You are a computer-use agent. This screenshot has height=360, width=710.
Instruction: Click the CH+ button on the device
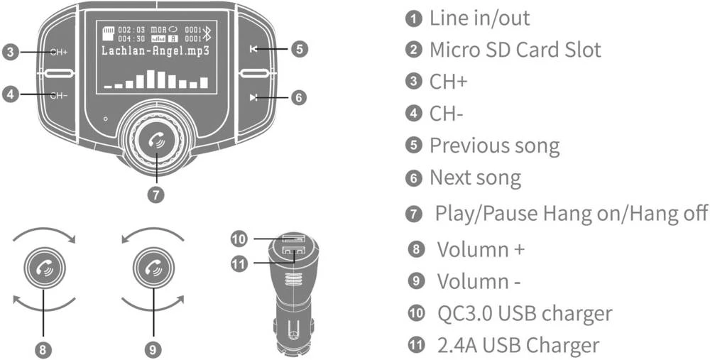coord(58,52)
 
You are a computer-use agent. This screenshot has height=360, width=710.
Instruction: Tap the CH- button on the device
coord(58,95)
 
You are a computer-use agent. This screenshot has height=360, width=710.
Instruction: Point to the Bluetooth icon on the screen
coord(207,33)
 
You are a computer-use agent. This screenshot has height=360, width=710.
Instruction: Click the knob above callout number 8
coord(43,268)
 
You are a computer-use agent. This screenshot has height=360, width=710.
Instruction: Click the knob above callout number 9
coord(152,268)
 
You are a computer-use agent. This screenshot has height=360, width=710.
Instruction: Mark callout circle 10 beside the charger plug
coord(240,238)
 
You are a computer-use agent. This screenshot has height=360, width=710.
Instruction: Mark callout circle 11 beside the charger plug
coord(240,263)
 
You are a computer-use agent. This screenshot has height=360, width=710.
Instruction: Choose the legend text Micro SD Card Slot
coord(515,50)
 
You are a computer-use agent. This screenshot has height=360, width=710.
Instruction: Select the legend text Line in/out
coord(479,18)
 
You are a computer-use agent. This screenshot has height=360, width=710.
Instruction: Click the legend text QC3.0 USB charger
coord(524,312)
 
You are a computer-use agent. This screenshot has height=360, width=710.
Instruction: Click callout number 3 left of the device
coord(10,52)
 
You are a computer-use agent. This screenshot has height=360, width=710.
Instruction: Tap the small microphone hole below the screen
coord(105,118)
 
